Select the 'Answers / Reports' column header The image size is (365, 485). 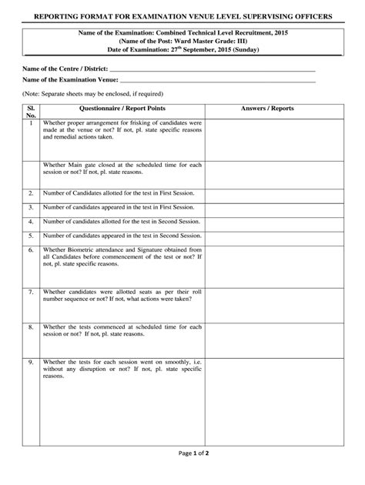267,109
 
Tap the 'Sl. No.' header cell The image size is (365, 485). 31,112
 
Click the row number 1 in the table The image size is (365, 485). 31,123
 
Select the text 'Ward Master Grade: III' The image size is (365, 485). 204,42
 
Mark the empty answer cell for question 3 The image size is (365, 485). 267,207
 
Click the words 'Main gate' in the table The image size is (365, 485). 87,166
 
